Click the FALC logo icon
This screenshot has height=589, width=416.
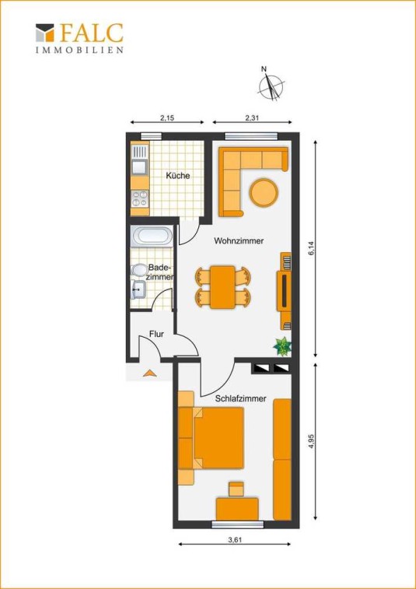click(44, 33)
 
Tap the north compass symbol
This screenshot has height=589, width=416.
click(271, 85)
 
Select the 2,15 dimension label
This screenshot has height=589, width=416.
click(167, 117)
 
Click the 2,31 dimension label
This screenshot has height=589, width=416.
click(252, 117)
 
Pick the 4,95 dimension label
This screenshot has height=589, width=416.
click(310, 441)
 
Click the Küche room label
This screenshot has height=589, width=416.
click(178, 175)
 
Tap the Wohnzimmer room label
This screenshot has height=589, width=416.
click(239, 240)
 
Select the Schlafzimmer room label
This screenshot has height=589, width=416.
click(241, 398)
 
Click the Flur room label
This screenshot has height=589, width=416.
click(156, 334)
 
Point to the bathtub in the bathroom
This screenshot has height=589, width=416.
click(152, 237)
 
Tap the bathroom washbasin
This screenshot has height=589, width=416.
click(138, 289)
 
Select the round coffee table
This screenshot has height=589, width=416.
click(264, 192)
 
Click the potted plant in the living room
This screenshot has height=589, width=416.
click(282, 346)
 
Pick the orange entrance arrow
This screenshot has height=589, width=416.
click(149, 373)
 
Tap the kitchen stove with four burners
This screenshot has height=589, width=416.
click(140, 198)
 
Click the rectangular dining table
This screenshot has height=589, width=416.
click(222, 287)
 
